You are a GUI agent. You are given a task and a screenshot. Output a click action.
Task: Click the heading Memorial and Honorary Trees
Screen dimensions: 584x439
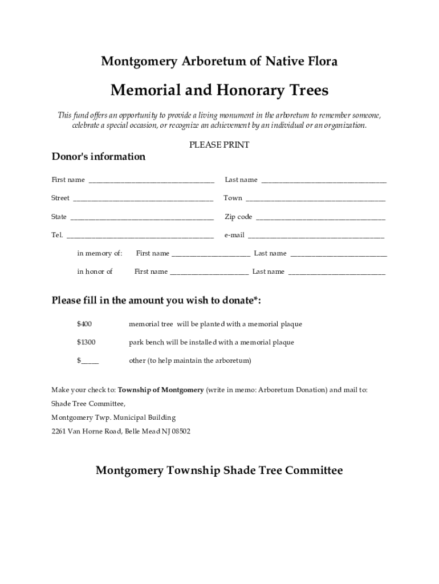pyautogui.click(x=219, y=91)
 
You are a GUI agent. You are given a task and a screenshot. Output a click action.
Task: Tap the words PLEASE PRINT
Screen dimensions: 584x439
pyautogui.click(x=219, y=145)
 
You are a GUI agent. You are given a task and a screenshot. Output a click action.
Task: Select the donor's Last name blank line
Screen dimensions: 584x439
pyautogui.click(x=323, y=181)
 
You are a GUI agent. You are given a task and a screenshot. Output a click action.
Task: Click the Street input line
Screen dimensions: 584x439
pyautogui.click(x=143, y=199)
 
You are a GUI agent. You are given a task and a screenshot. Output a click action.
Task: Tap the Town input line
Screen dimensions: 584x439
pyautogui.click(x=315, y=199)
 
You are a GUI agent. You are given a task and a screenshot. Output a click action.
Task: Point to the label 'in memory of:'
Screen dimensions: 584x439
pyautogui.click(x=100, y=253)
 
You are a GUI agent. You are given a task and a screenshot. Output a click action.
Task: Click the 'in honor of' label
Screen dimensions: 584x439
pyautogui.click(x=95, y=271)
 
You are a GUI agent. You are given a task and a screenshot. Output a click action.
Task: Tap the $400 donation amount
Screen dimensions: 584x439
pyautogui.click(x=84, y=324)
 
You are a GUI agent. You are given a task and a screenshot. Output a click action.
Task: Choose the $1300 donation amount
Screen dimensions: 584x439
pyautogui.click(x=86, y=342)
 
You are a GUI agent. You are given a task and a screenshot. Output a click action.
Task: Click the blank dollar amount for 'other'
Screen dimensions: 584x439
pyautogui.click(x=90, y=361)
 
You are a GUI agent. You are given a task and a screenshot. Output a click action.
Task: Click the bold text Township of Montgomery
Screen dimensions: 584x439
pyautogui.click(x=161, y=390)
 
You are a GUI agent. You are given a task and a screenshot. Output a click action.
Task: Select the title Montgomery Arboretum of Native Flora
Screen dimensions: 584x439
pyautogui.click(x=219, y=61)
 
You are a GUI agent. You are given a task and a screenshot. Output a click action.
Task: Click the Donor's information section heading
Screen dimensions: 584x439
pyautogui.click(x=99, y=157)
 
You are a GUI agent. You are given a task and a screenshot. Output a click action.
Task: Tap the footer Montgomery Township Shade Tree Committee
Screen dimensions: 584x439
pyautogui.click(x=219, y=471)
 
